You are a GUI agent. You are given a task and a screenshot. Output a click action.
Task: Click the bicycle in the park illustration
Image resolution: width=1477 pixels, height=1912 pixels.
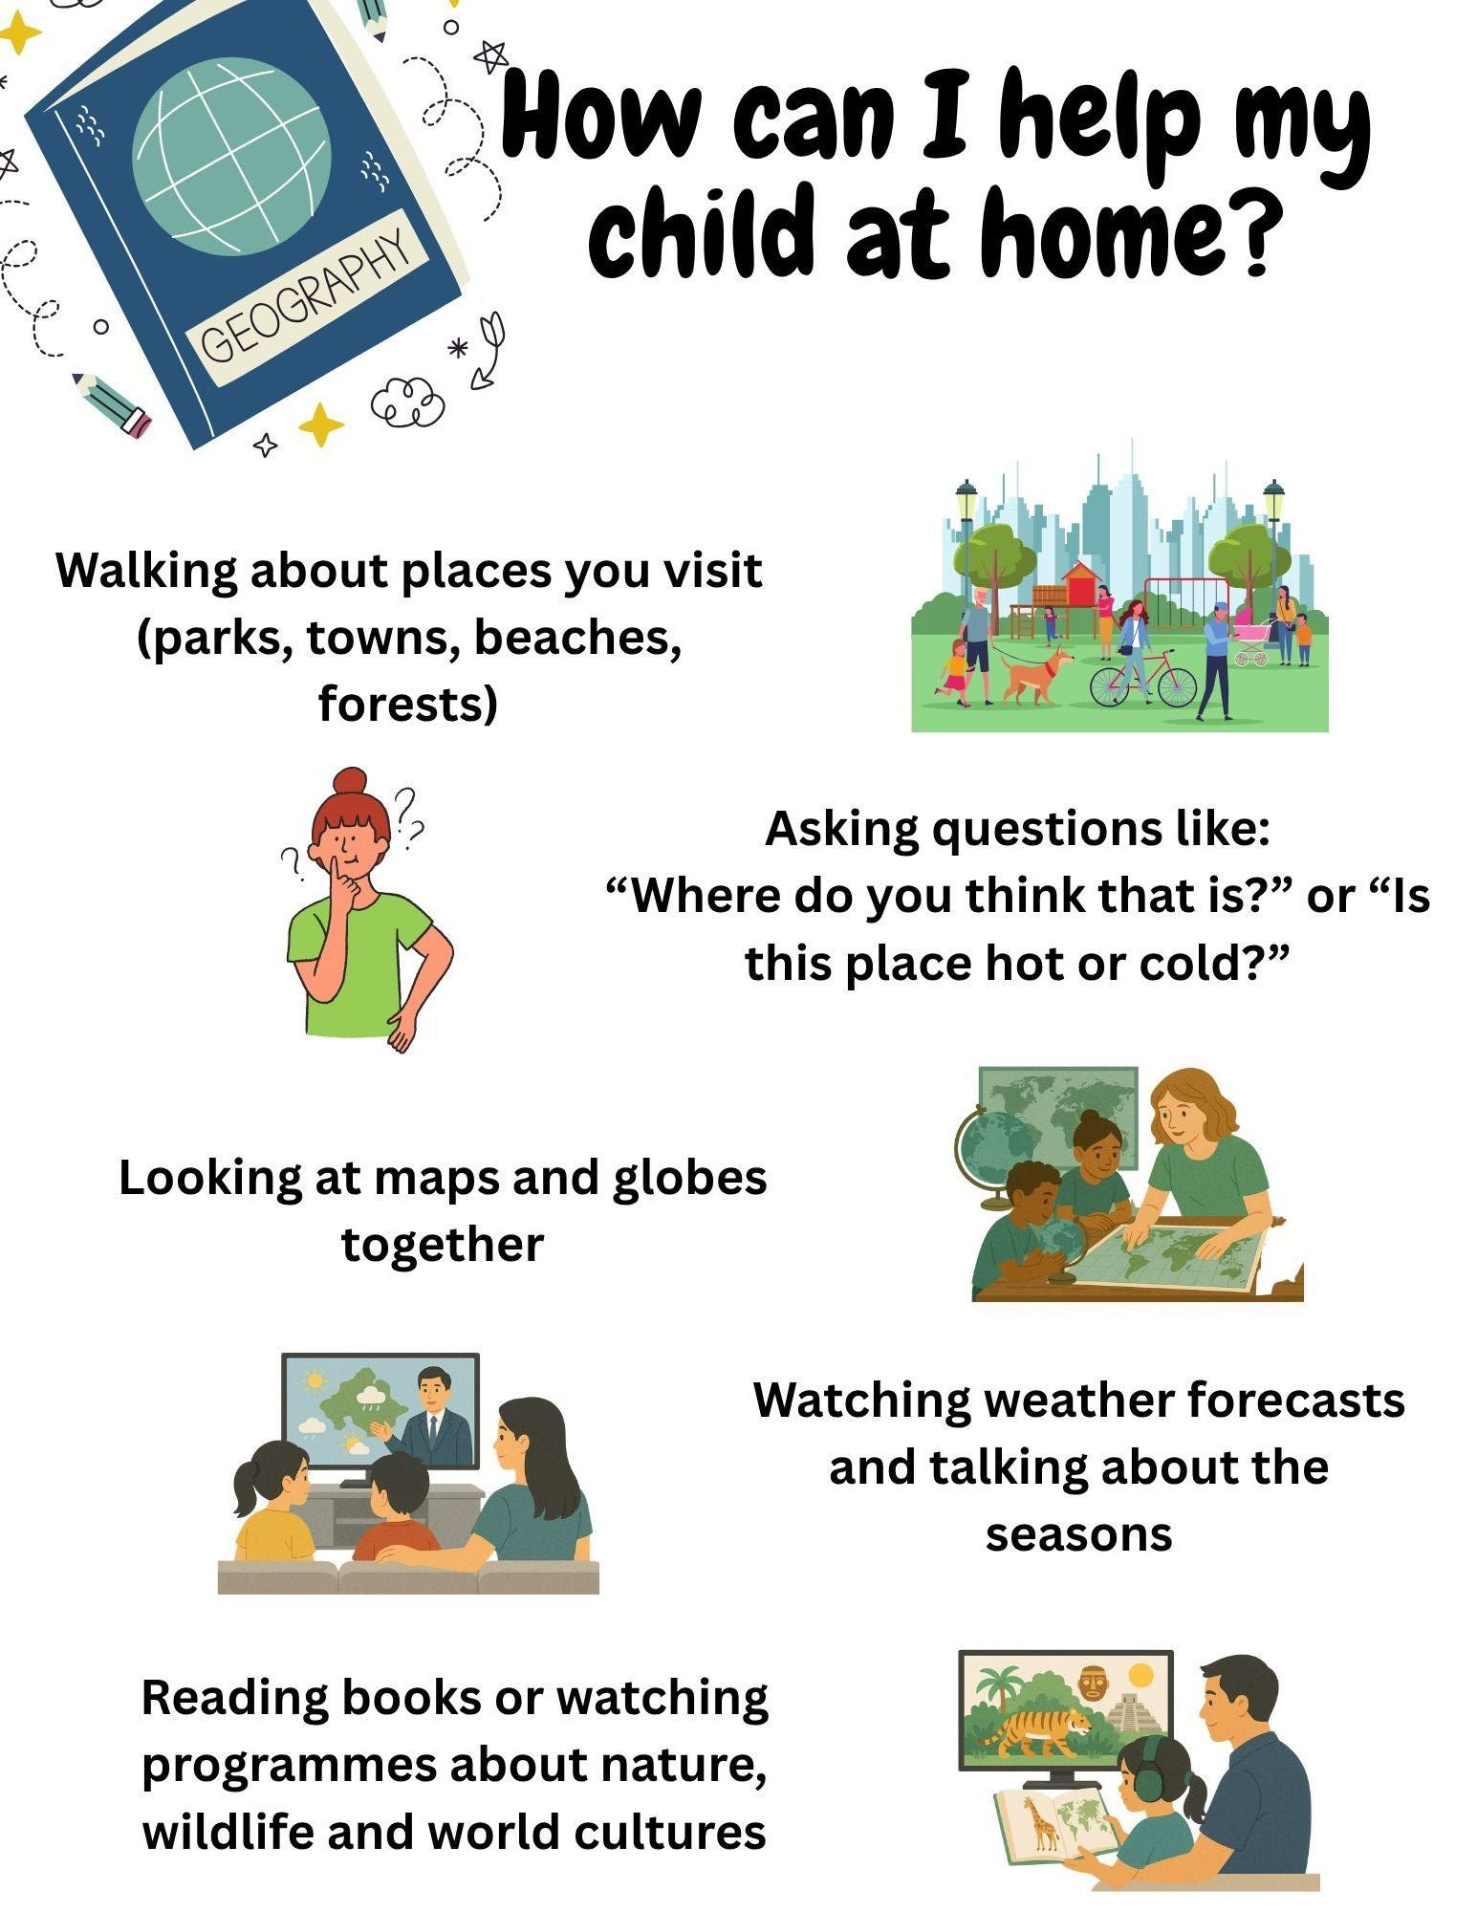coord(1143,680)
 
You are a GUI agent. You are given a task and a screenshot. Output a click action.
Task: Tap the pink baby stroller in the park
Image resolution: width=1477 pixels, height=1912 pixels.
coord(1252,641)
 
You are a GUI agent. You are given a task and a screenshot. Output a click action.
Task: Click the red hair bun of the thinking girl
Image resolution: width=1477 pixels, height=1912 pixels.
coord(352,781)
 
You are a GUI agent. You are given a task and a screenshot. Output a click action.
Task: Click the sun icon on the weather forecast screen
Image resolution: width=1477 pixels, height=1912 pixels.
coord(313,1381)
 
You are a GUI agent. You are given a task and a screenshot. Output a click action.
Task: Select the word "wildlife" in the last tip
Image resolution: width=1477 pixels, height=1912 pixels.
coord(228,1832)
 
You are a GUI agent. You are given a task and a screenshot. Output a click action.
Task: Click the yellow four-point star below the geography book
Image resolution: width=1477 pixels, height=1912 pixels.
coord(320,424)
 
